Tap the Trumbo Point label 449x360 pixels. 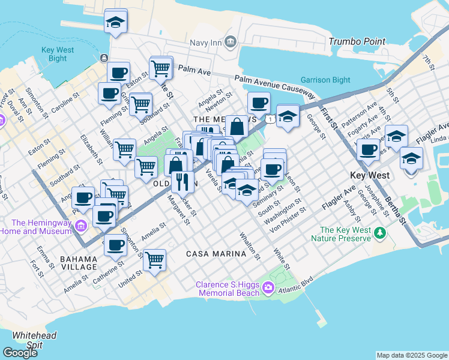coord(357,41)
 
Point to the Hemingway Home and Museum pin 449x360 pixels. coord(82,226)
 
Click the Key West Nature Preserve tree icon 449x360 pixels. coord(379,232)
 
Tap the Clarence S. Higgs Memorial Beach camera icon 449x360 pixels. coord(268,289)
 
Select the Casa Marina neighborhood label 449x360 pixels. coord(216,254)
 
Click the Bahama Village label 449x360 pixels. coord(79,262)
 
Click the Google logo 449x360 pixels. coord(20,353)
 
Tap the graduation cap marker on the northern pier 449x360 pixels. coord(116,23)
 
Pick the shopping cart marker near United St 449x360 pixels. coord(155,260)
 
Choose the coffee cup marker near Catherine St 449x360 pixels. coord(115,244)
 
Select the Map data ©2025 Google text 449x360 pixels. coord(412,355)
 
